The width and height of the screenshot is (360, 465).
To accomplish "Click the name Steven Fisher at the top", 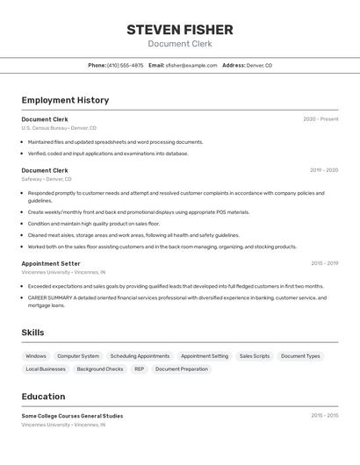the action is (179, 29).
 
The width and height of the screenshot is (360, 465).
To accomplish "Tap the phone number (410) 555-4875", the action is (125, 65).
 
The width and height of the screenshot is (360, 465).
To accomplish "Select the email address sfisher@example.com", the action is (191, 65).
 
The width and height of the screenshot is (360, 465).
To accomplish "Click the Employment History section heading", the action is (65, 100).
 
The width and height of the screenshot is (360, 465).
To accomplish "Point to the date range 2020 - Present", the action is (320, 118).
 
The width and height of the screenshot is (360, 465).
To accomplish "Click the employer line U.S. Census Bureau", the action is (59, 128).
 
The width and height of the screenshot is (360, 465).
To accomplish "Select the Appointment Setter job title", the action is (51, 263).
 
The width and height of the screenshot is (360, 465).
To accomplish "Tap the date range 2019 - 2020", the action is (323, 170).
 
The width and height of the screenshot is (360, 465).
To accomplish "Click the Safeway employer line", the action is (47, 179).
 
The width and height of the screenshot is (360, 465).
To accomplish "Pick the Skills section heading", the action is (32, 333).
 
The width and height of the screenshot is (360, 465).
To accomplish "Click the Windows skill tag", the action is (36, 356).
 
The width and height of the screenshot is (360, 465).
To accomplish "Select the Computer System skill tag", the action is (78, 356).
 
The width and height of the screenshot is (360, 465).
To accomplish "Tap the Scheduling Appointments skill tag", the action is (140, 356).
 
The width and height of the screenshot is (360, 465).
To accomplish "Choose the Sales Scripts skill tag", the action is (255, 356).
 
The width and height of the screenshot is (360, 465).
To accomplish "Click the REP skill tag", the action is (139, 369).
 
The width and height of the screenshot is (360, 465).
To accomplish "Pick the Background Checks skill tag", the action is (100, 369).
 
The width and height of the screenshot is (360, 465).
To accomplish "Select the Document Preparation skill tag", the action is (182, 369).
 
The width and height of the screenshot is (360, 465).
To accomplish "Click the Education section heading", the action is (43, 397).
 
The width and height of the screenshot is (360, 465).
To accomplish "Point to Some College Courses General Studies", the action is (72, 416).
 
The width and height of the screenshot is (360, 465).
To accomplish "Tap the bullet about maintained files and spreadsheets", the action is (115, 142).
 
